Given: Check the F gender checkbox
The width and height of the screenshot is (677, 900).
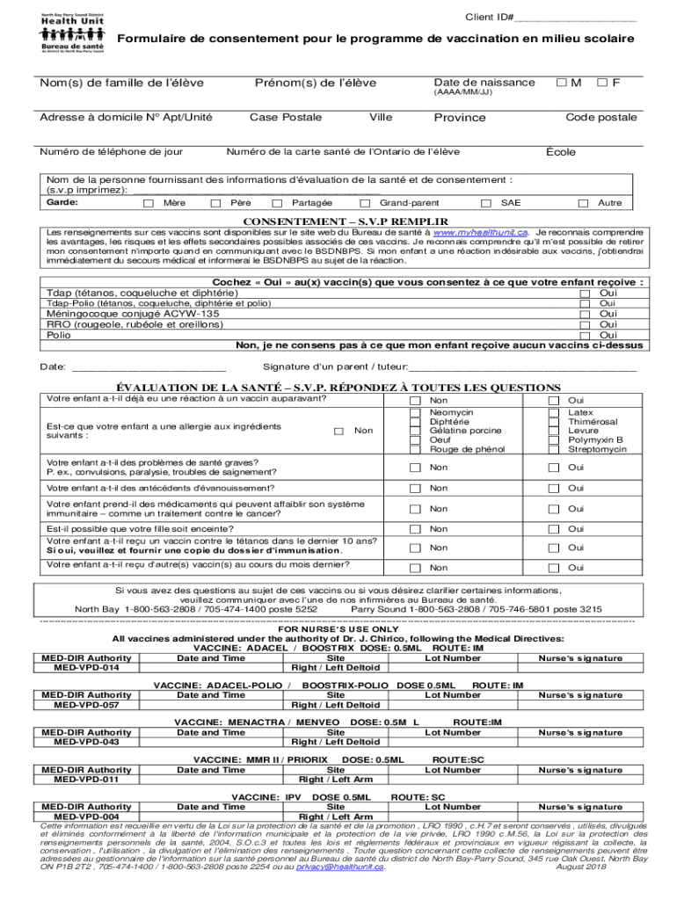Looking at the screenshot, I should [603, 83].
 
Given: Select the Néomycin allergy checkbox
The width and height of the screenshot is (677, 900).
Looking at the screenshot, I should [416, 413].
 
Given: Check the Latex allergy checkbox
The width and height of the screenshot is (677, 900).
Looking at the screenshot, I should [554, 413].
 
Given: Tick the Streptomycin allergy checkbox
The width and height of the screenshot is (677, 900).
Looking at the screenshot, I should [554, 449].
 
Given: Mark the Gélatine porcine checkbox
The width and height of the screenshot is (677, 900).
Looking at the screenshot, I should [416, 431].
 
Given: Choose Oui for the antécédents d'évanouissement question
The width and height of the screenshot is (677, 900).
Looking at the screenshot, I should [554, 489].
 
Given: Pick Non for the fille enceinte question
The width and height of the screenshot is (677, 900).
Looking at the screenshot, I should [416, 529].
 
